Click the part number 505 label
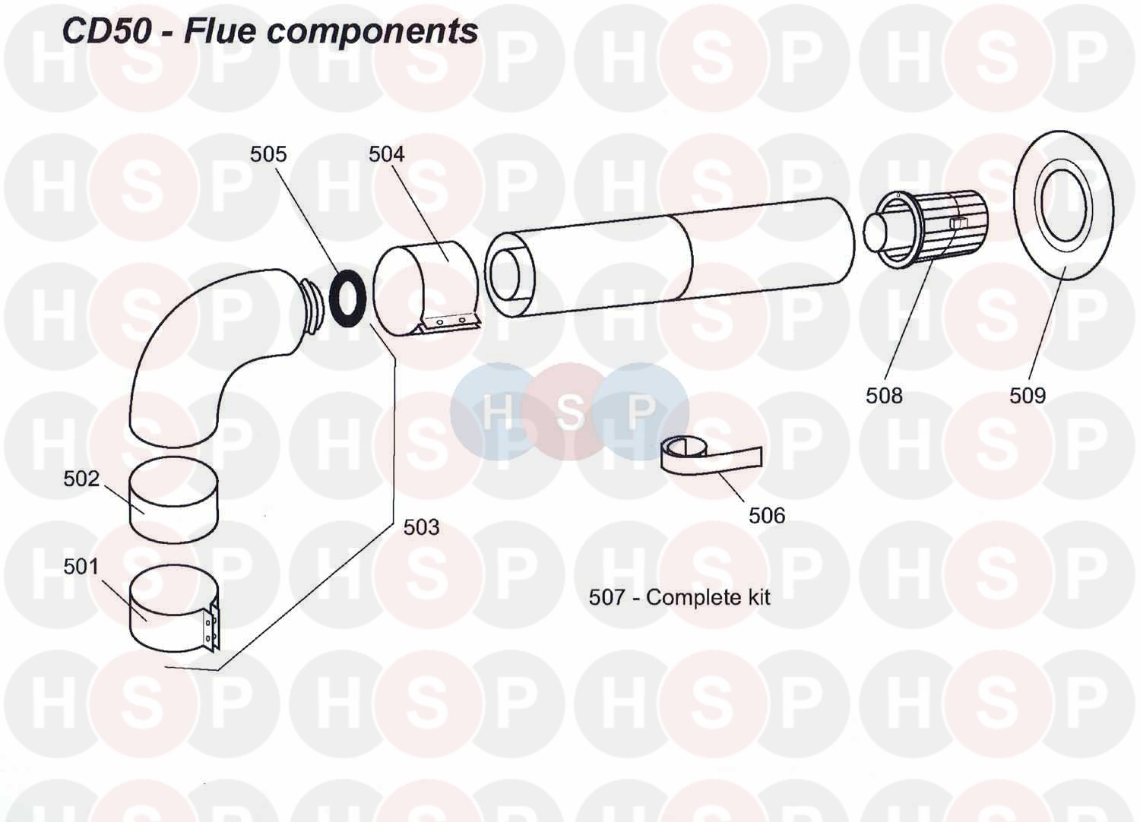[x=268, y=154]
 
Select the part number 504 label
[x=386, y=154]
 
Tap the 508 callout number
[x=884, y=395]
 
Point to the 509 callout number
[x=1027, y=395]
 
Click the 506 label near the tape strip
[x=766, y=515]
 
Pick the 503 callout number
[x=421, y=526]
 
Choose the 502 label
[x=81, y=479]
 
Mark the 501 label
[x=81, y=567]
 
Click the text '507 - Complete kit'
[x=679, y=597]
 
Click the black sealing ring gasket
[x=349, y=297]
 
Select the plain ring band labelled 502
[x=173, y=501]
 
